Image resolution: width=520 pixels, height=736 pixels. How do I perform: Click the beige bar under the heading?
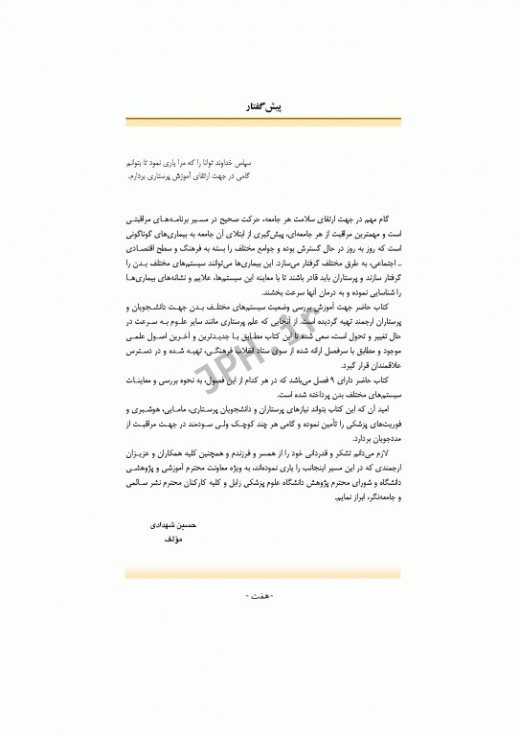pyautogui.click(x=260, y=121)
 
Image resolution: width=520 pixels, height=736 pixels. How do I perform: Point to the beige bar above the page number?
pyautogui.click(x=260, y=572)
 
